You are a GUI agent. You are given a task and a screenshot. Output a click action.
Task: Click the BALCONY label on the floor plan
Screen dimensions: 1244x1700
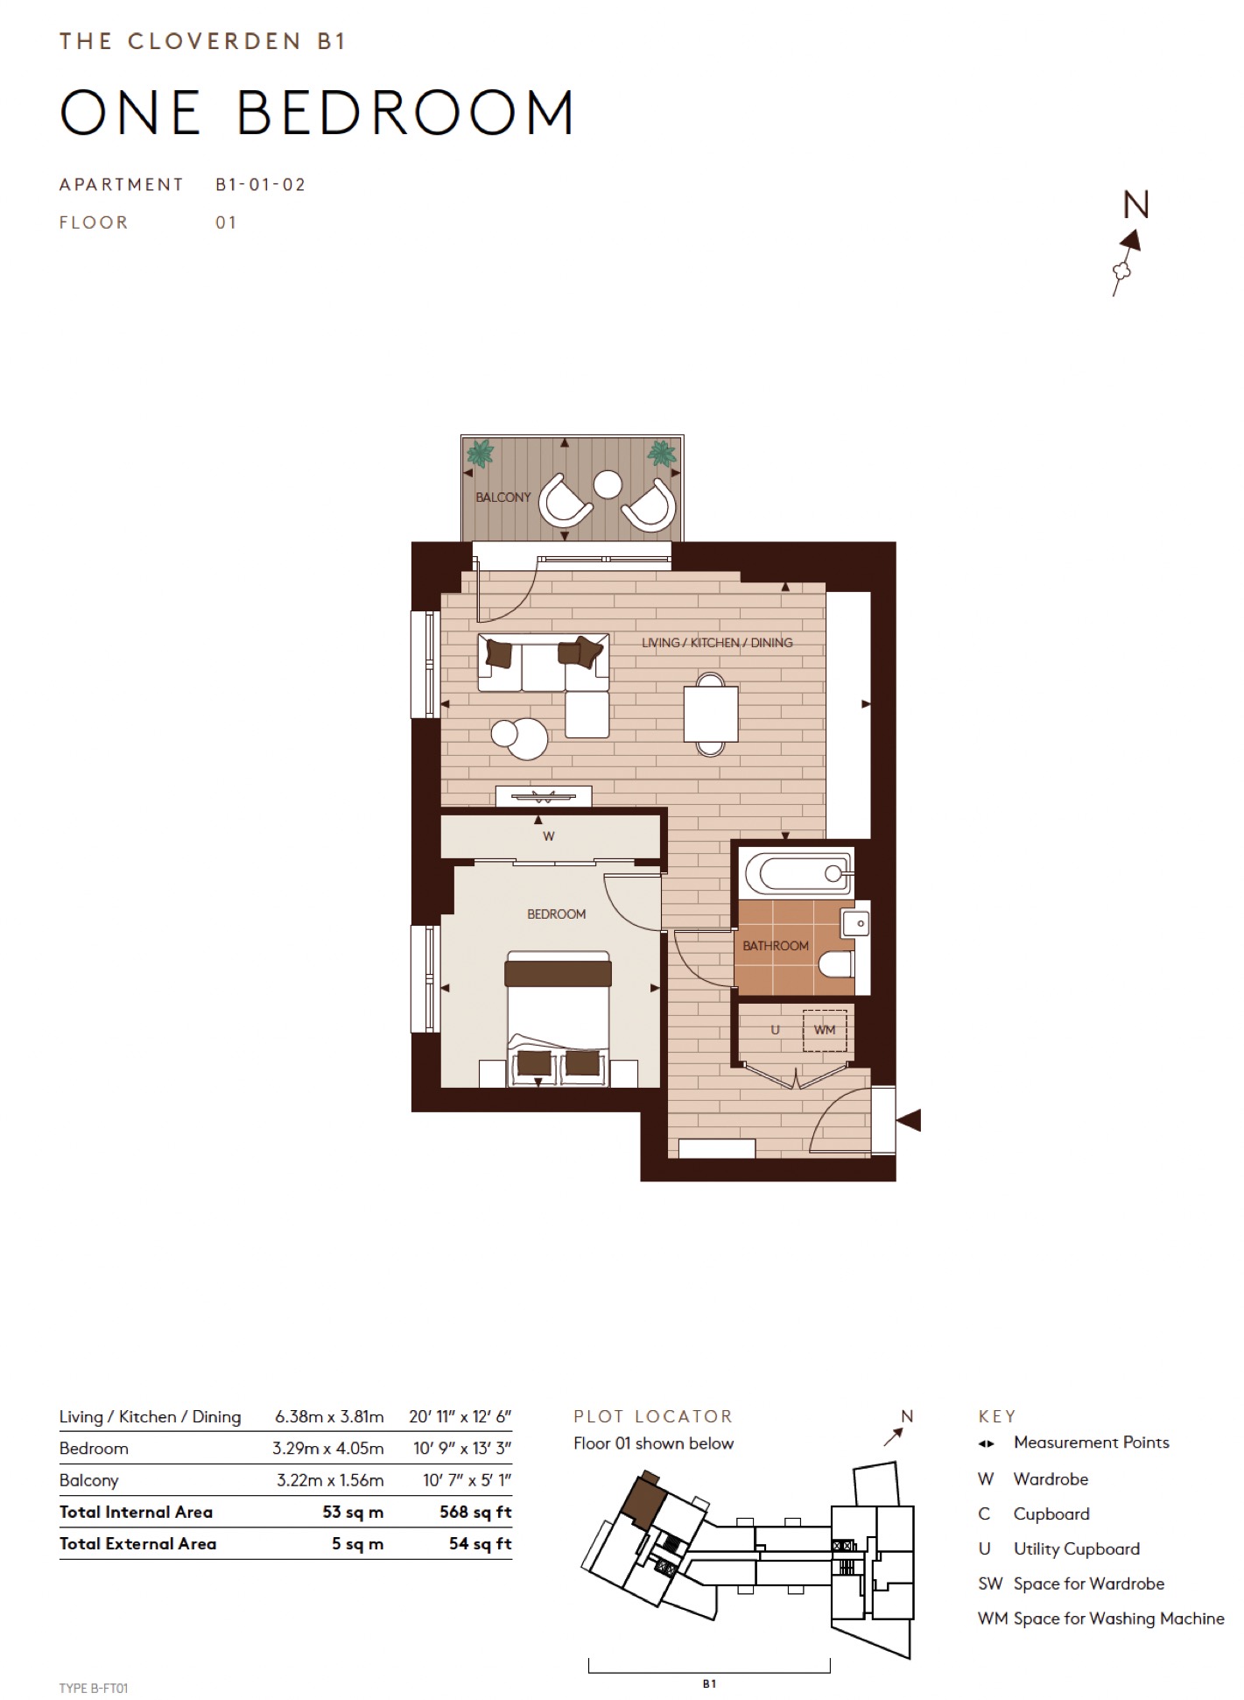pos(503,497)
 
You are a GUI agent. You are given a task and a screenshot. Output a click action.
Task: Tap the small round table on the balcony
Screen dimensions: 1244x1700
pos(608,484)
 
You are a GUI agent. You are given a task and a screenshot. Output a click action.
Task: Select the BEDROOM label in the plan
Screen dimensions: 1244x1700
pos(556,914)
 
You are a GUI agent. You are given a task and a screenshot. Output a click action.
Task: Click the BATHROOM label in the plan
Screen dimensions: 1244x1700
pos(775,946)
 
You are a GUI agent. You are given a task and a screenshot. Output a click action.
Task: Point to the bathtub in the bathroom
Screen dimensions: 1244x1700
pos(795,872)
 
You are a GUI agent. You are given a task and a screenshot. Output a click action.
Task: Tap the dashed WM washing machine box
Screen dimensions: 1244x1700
pos(825,1030)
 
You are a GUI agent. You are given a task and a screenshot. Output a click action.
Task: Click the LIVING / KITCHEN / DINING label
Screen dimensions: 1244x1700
pos(717,643)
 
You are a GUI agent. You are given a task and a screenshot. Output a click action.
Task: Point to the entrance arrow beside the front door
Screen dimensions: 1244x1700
pos(909,1120)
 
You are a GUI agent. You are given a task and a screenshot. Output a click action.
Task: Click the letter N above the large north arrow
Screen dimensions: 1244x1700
pos(1135,205)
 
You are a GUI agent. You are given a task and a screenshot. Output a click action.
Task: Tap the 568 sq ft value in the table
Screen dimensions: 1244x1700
pos(475,1512)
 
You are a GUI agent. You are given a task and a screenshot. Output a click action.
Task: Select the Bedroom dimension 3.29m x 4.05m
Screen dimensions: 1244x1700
pos(327,1448)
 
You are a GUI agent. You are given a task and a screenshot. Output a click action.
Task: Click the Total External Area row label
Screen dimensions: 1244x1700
pos(137,1543)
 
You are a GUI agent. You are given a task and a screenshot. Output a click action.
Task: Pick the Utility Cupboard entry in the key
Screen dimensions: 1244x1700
pos(1076,1548)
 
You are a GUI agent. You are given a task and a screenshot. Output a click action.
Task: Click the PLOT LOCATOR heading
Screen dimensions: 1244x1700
pos(653,1416)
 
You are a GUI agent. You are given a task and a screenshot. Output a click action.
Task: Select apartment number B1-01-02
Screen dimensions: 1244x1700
pos(261,185)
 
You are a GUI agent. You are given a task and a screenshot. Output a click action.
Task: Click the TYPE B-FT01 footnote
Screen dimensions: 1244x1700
pos(94,1688)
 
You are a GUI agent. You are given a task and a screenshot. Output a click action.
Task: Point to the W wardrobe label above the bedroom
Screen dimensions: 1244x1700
pos(549,836)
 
